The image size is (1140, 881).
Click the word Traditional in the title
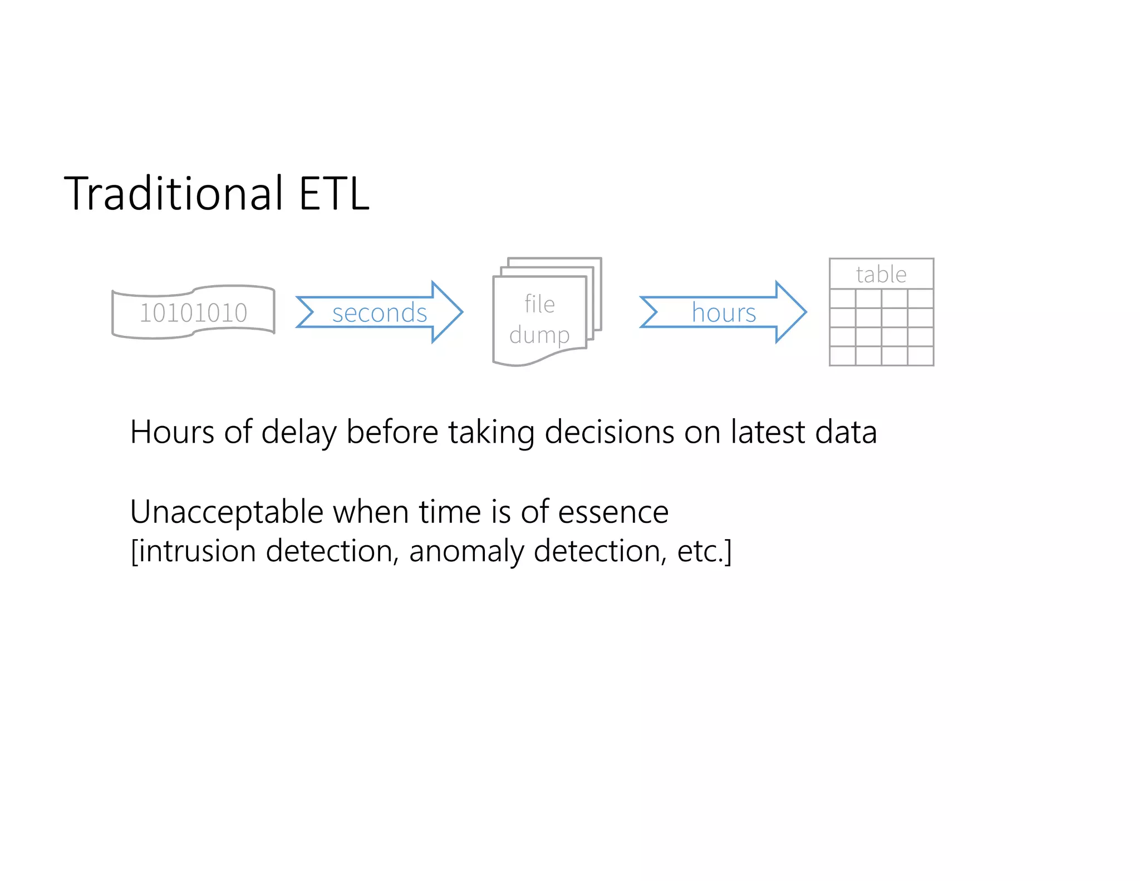point(174,193)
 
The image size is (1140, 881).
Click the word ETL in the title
point(333,193)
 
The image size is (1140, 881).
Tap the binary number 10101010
point(193,312)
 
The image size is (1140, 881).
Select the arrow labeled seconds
point(379,312)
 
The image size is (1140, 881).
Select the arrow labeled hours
point(723,312)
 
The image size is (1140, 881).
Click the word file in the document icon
point(539,304)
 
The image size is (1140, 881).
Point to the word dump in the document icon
point(539,335)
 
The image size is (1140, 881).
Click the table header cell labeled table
point(881,274)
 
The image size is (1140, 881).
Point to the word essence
point(613,512)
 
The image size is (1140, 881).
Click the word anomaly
point(466,552)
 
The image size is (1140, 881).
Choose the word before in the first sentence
point(392,432)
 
